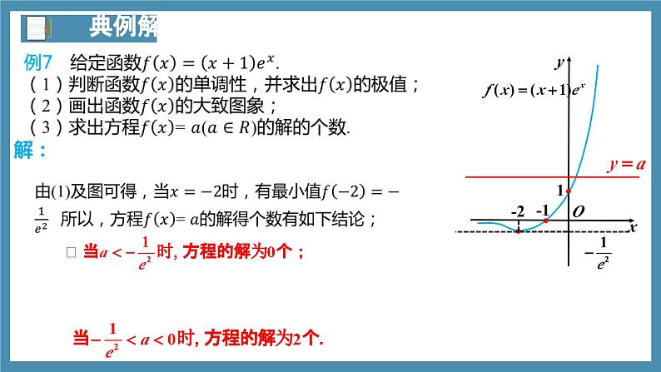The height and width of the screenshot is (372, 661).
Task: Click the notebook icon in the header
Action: coord(37,28)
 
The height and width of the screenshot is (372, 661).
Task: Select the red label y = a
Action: coord(626,165)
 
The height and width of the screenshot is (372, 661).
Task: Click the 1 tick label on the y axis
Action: coord(559,191)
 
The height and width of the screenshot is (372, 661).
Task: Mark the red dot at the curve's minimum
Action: coord(518,231)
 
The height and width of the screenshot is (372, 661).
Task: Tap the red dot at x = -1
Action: coord(544,221)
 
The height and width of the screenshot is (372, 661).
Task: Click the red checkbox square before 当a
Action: coord(71,251)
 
